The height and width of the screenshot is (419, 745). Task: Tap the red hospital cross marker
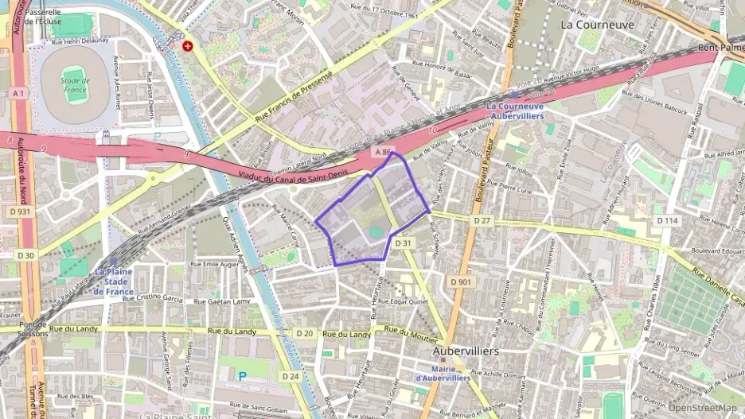(x=188, y=46)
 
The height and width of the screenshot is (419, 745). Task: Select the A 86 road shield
(x=384, y=150)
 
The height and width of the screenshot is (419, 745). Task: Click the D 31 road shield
(x=404, y=243)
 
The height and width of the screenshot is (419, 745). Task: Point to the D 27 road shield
(x=482, y=219)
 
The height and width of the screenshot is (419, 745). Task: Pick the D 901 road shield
(x=460, y=281)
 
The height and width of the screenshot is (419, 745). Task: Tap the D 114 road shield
(x=665, y=220)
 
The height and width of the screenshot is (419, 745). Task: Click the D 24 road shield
(x=291, y=376)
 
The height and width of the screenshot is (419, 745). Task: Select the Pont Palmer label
(x=720, y=48)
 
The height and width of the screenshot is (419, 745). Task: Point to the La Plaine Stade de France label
(x=112, y=281)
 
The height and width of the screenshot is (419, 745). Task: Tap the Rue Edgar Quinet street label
(x=406, y=301)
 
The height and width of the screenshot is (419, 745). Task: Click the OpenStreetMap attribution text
(x=703, y=408)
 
